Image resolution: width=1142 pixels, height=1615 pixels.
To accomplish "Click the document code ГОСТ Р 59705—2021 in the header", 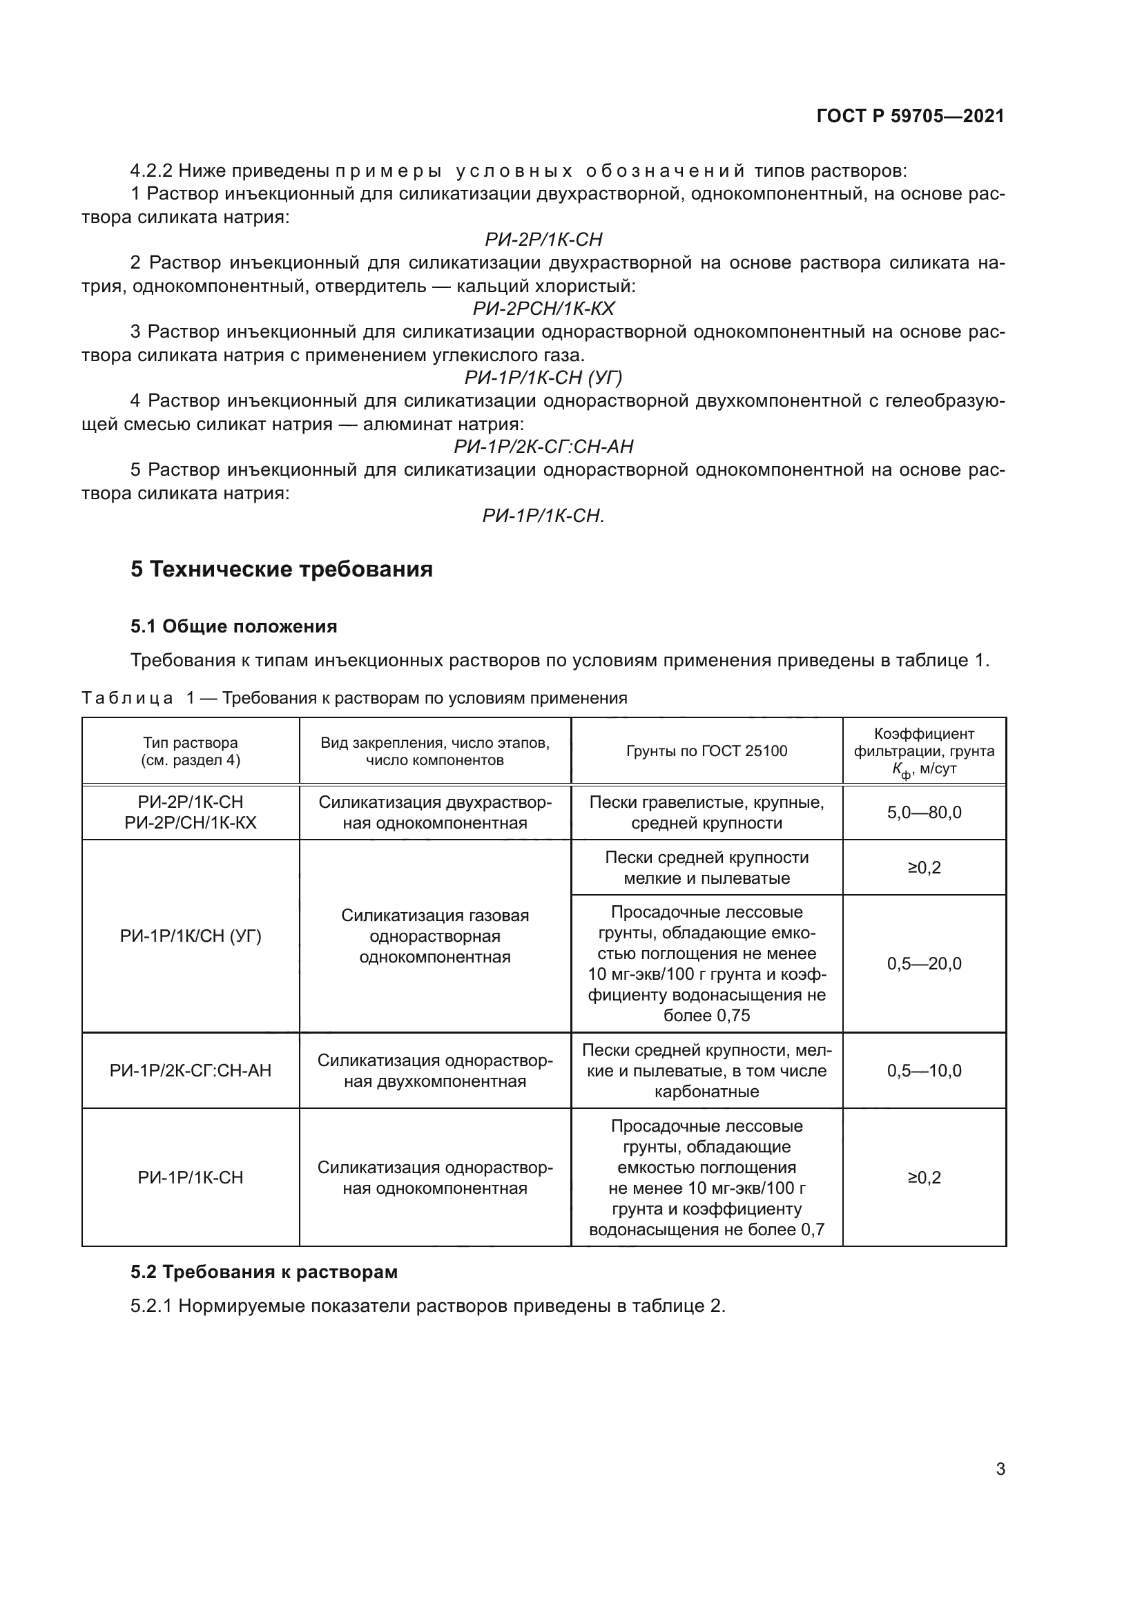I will click(910, 117).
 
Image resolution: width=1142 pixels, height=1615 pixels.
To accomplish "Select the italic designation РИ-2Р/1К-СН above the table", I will click(543, 240).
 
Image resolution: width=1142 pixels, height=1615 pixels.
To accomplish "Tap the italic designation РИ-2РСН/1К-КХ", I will click(543, 309).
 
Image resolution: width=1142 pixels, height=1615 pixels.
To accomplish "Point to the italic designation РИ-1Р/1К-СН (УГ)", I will click(543, 378).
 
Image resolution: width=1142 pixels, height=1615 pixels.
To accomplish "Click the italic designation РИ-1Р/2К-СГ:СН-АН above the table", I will click(543, 447).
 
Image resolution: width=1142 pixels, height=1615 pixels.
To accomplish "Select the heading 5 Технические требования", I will click(281, 569).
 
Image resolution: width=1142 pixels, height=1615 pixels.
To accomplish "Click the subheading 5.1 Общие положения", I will click(233, 626).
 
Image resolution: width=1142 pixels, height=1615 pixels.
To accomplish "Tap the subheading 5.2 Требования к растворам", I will click(264, 1272).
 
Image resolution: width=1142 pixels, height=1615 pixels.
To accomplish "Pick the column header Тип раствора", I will click(191, 743).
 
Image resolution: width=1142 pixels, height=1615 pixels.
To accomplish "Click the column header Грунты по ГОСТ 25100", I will click(707, 751).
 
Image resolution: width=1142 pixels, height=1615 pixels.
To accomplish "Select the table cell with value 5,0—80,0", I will click(924, 813).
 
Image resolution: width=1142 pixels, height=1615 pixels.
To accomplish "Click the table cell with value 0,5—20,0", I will click(924, 964).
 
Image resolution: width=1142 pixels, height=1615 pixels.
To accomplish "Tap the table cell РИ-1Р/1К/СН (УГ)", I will click(191, 936).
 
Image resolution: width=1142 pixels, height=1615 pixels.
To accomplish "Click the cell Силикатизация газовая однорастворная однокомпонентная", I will click(434, 936).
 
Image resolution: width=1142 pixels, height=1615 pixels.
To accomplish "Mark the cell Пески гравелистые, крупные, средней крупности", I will click(707, 813).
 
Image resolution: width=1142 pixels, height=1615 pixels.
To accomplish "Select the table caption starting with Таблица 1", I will click(354, 699).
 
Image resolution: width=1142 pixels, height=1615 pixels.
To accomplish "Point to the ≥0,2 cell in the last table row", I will click(924, 1178).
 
